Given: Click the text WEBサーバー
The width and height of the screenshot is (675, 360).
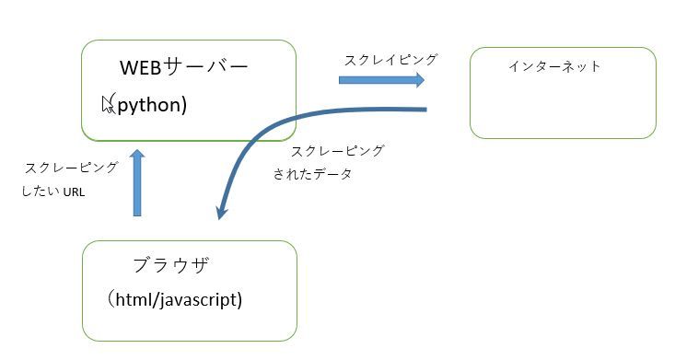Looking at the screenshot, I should (x=184, y=68).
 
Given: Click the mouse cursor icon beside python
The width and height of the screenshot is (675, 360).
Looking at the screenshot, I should (x=109, y=103).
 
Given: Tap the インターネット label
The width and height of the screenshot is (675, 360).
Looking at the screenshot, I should (x=554, y=66).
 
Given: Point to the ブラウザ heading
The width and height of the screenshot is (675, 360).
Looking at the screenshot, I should (x=170, y=266).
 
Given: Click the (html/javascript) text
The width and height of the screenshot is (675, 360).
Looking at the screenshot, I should (x=175, y=299).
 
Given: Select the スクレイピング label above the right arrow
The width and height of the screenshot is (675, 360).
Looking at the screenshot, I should (x=390, y=60).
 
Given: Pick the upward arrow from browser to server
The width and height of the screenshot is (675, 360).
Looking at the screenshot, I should (x=137, y=184).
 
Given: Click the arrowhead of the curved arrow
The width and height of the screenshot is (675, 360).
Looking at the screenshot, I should (x=221, y=211).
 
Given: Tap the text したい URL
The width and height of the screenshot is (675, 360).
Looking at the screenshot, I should (x=55, y=192).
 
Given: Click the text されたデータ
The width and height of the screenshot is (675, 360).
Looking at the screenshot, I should (x=313, y=173).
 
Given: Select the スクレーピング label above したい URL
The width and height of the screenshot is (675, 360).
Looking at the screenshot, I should (x=72, y=168).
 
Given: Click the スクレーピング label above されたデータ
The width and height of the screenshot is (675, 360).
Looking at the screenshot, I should (x=337, y=150).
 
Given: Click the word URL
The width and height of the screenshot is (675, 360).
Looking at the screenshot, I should (x=74, y=193).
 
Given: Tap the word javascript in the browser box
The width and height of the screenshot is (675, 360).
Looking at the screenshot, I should (x=200, y=299).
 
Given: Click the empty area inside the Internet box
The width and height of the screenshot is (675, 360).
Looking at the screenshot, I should (x=563, y=106).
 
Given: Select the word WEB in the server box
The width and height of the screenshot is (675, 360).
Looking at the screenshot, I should (x=141, y=68).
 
